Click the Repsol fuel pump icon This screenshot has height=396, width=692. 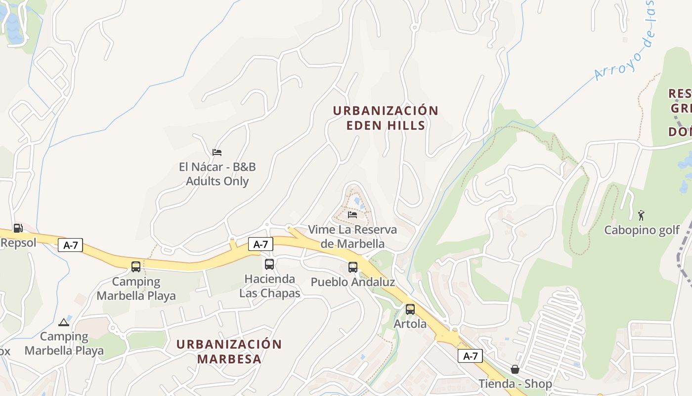[x=18, y=228]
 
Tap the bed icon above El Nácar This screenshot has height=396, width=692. [x=216, y=152]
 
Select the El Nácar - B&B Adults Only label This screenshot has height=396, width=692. [x=217, y=174]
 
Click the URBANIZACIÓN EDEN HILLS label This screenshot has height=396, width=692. [x=386, y=118]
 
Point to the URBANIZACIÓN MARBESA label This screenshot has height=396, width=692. [x=229, y=351]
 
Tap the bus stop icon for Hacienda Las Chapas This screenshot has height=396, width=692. [x=269, y=264]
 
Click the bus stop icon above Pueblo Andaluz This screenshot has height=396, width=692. [x=353, y=267]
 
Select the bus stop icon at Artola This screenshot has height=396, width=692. [x=410, y=309]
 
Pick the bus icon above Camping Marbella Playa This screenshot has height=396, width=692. [x=136, y=267]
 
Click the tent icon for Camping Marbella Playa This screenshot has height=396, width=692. [x=63, y=322]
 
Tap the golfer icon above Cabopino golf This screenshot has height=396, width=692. [x=642, y=215]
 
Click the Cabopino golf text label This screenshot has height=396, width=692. [x=642, y=230]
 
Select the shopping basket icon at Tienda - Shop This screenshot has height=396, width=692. [x=515, y=369]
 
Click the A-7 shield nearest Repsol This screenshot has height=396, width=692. [x=70, y=245]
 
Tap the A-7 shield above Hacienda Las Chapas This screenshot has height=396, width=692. [x=260, y=244]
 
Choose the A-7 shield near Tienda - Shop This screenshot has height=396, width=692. [x=470, y=356]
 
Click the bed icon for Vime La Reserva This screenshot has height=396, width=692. [x=352, y=214]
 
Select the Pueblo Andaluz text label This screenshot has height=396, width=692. [x=353, y=282]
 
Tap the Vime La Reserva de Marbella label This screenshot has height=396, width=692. [x=352, y=237]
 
